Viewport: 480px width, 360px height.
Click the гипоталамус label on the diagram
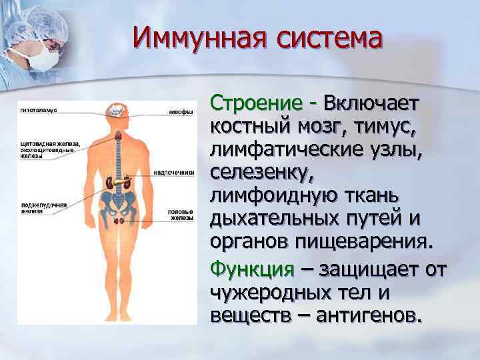click(x=37, y=109)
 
